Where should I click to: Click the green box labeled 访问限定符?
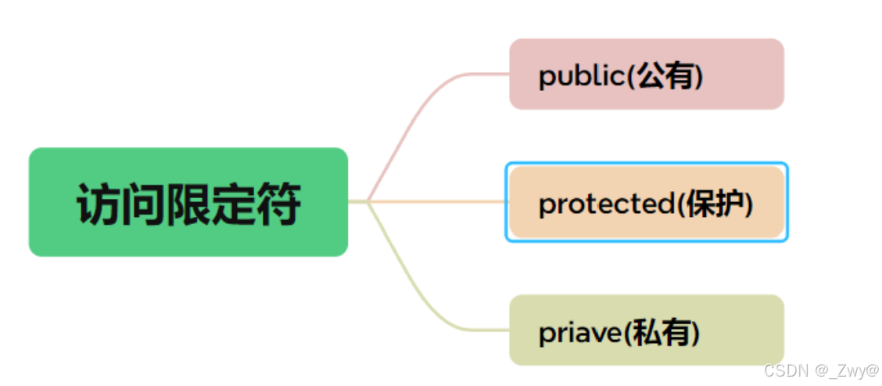pyautogui.click(x=188, y=201)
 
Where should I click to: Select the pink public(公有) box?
pyautogui.click(x=646, y=74)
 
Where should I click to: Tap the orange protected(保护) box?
pyautogui.click(x=646, y=202)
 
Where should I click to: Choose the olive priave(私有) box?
pyautogui.click(x=646, y=330)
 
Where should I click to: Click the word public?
pyautogui.click(x=581, y=76)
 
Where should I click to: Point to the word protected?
pyautogui.click(x=606, y=204)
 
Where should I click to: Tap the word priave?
pyautogui.click(x=579, y=333)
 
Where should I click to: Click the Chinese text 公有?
pyautogui.click(x=666, y=76)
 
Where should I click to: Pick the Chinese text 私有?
pyautogui.click(x=663, y=333)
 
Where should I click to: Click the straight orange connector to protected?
pyautogui.click(x=438, y=201)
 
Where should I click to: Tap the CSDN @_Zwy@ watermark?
pyautogui.click(x=821, y=370)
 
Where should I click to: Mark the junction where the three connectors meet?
pyautogui.click(x=367, y=201)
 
